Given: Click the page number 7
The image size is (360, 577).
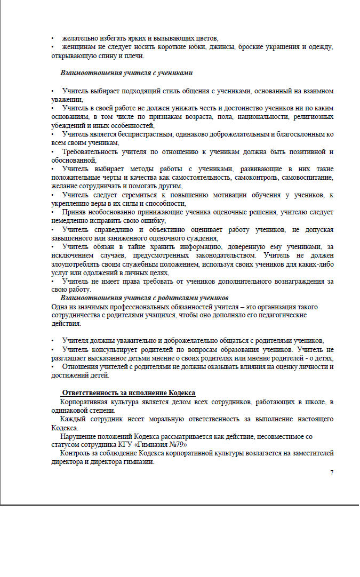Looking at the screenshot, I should point(332,472).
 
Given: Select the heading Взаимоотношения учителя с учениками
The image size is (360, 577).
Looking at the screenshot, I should point(126,72).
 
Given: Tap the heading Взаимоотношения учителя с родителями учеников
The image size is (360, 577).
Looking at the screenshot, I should point(145,297).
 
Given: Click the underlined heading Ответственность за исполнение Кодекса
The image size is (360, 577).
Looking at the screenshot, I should point(128,393).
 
